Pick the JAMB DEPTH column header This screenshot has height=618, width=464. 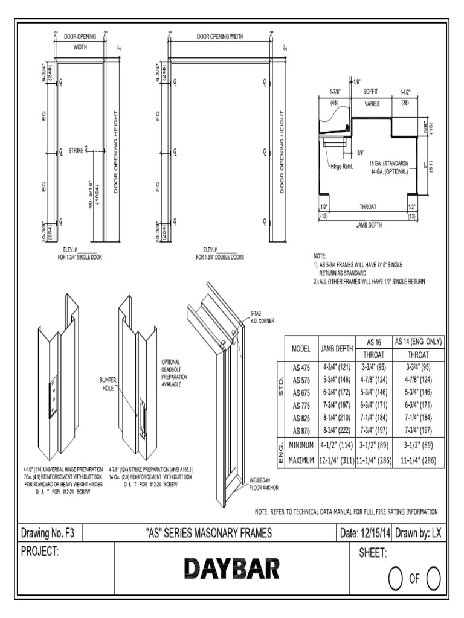coord(337,349)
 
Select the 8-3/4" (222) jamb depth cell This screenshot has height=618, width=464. coord(336,430)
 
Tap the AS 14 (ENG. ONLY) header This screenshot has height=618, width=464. coord(417,342)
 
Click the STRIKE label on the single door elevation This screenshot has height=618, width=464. coord(76,150)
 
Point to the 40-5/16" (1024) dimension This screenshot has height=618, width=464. coord(92,194)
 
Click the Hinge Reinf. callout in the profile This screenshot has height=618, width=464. coord(343,166)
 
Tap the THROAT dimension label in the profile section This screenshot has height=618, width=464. coord(368,206)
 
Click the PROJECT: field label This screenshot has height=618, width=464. coord(39,552)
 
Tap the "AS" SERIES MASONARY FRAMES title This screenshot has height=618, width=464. coord(209,533)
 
